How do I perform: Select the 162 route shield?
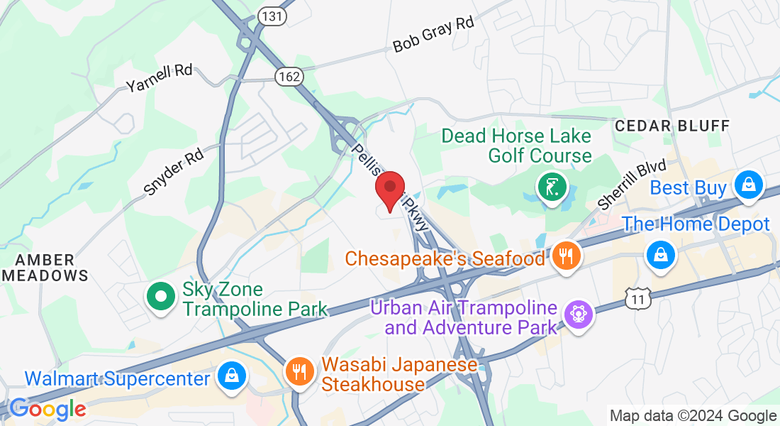click(x=291, y=76)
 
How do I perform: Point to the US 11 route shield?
click(x=638, y=300)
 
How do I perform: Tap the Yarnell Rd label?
click(x=160, y=78)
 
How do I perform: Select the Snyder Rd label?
click(x=173, y=172)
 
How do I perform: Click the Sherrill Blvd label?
click(x=633, y=184)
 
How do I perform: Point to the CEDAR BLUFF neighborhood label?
click(x=672, y=126)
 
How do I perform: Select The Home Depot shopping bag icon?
click(x=660, y=252)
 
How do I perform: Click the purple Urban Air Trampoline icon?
click(x=578, y=312)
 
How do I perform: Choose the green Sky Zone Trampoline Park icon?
click(x=161, y=295)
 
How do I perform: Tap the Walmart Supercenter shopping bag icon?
click(x=230, y=376)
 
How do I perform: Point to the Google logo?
click(x=48, y=409)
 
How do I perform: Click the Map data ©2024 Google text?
click(x=693, y=416)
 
